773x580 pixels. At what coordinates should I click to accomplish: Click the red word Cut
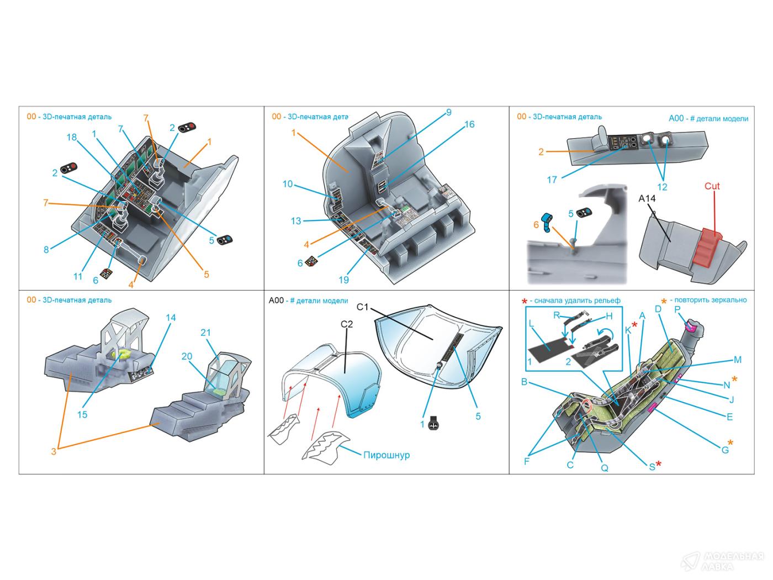click(x=712, y=186)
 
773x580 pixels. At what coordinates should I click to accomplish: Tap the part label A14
click(x=647, y=198)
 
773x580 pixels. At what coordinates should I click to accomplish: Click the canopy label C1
click(x=362, y=307)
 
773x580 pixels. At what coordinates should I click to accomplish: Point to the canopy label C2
click(x=346, y=324)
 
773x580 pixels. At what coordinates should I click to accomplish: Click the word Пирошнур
click(x=386, y=455)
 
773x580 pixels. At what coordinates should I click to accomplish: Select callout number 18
click(x=72, y=137)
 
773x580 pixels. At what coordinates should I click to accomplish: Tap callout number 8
click(x=46, y=250)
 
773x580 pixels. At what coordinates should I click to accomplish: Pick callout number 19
click(x=343, y=280)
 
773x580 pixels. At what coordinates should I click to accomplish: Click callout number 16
click(x=469, y=124)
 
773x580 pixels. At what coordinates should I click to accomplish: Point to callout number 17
click(x=552, y=179)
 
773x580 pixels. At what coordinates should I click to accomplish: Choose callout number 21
click(x=206, y=333)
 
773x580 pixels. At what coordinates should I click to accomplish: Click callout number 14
click(x=171, y=318)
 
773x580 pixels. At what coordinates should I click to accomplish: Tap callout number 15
click(x=82, y=414)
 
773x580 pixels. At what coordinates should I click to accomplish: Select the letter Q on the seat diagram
click(x=605, y=468)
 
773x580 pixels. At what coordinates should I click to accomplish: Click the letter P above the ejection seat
click(x=677, y=310)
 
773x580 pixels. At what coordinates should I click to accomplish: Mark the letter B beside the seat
click(x=525, y=382)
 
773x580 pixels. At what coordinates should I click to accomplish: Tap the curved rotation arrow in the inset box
click(x=606, y=334)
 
